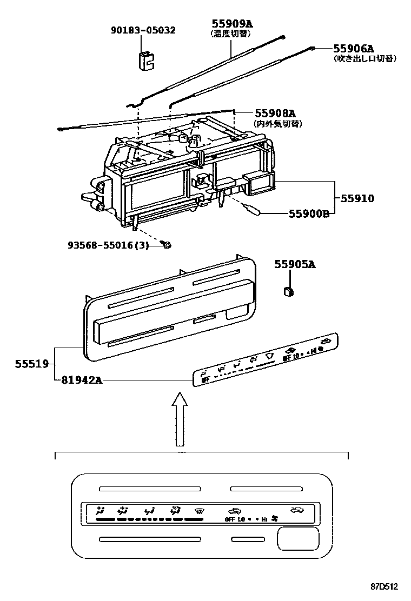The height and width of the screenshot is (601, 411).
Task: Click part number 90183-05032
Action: pos(143,30)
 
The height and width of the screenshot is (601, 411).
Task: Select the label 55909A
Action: pos(232,23)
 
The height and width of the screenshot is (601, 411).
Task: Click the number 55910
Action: pos(357,198)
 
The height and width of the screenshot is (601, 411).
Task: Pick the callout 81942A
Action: pos(79,380)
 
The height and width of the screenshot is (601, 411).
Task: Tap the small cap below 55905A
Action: pos(289,292)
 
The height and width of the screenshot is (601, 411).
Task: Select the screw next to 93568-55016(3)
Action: pos(167,245)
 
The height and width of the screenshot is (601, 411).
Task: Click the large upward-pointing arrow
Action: pos(179,419)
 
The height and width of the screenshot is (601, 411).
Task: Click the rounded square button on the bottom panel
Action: pos(297,539)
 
